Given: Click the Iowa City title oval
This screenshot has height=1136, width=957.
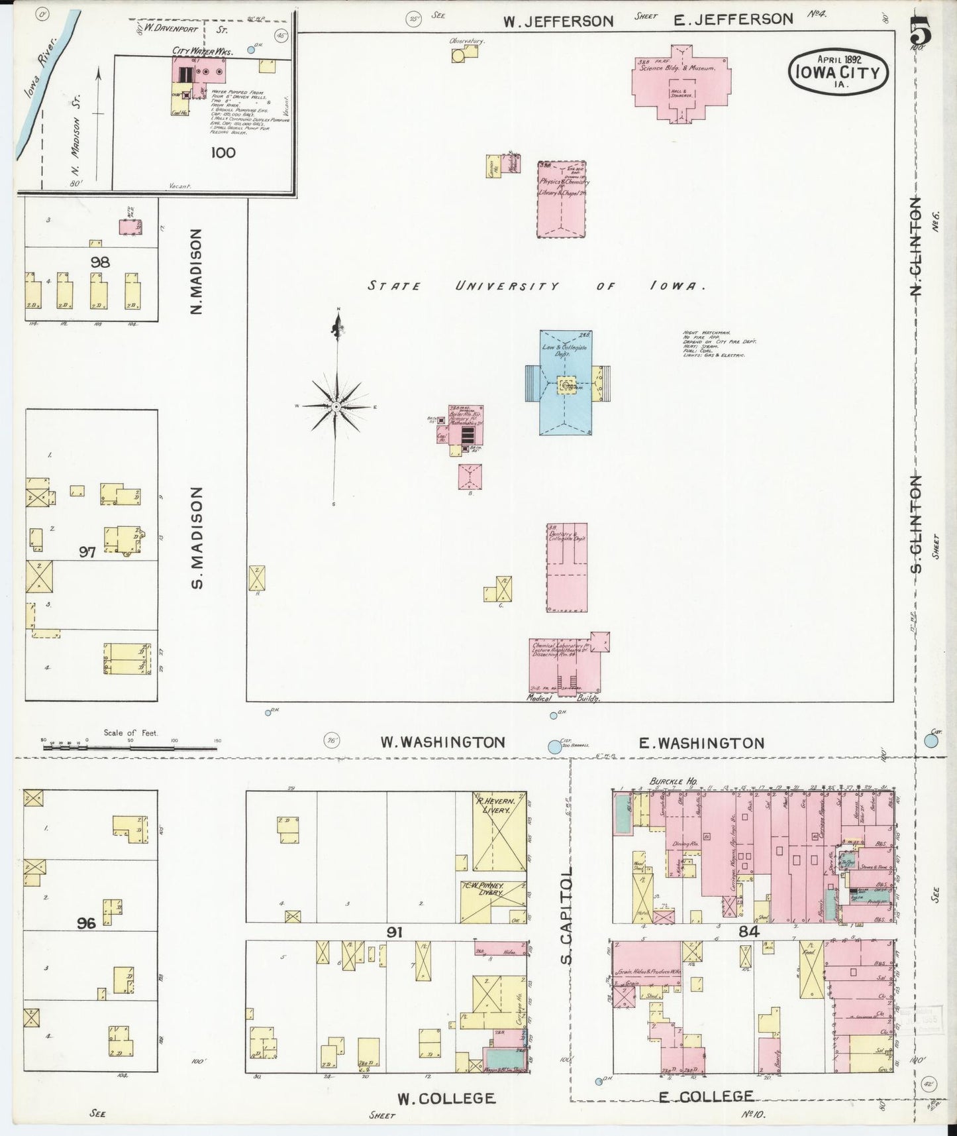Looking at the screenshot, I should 838,72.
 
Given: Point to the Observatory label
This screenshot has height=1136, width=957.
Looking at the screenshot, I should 467,41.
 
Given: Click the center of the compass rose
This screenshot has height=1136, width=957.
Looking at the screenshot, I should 336,406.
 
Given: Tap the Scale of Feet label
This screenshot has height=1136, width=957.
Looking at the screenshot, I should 130,732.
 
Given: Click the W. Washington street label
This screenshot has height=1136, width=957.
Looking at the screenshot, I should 442,742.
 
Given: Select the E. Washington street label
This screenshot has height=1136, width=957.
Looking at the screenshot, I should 701,743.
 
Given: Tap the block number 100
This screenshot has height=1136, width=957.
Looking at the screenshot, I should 223,152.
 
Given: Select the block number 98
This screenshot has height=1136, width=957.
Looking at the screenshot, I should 100,262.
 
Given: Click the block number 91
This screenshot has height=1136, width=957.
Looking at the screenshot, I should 395,932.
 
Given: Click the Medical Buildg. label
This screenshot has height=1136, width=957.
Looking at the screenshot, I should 563,699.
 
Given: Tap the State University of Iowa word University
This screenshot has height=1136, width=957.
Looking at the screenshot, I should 507,286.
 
